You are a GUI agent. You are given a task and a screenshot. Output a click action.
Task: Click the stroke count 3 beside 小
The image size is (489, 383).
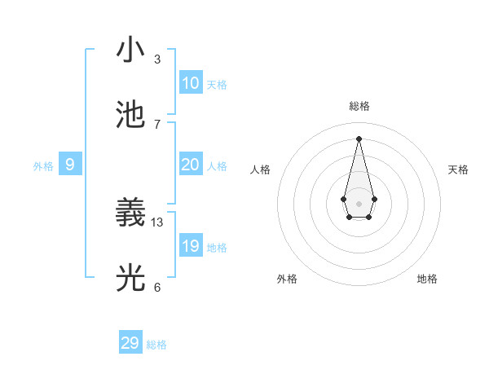157,59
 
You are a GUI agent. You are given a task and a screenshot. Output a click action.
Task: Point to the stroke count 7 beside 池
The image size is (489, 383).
157,124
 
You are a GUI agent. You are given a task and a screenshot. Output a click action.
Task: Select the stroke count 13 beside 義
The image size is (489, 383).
157,222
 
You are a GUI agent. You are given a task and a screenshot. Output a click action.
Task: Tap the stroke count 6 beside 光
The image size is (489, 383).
157,287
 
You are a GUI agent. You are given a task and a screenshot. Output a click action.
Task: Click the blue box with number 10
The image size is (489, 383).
191,83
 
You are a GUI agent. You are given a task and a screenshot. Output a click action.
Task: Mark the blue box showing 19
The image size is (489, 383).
191,246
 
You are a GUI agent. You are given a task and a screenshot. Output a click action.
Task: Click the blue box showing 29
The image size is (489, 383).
130,343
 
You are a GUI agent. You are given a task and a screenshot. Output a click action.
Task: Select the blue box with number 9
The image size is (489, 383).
70,165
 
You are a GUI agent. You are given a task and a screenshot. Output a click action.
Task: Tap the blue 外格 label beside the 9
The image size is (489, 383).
43,166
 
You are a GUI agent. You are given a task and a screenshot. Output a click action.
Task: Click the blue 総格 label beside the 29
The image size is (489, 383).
156,345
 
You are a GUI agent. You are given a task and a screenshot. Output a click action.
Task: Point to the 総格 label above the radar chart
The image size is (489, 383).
359,106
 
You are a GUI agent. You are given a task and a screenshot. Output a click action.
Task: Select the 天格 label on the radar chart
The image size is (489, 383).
458,169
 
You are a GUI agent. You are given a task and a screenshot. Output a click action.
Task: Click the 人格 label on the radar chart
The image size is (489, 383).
261,169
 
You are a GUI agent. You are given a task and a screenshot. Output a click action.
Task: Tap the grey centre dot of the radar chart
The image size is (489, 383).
359,203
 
